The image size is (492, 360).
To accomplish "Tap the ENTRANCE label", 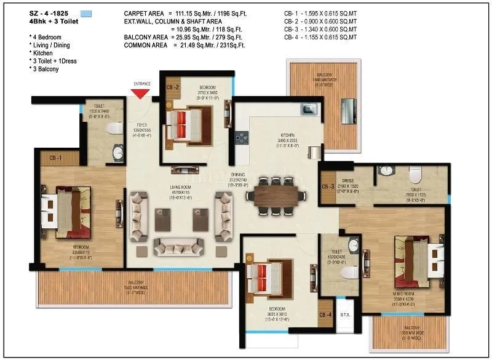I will (142, 84).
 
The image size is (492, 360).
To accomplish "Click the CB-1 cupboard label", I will (55, 159).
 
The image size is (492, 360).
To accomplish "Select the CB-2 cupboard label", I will (172, 87).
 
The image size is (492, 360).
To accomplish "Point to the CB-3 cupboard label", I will (328, 187).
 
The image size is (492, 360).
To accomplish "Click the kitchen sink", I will (307, 110).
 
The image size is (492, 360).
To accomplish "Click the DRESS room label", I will (348, 182).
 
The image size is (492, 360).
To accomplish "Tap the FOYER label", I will (141, 124).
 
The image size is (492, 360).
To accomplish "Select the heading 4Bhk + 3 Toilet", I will (52, 22).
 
